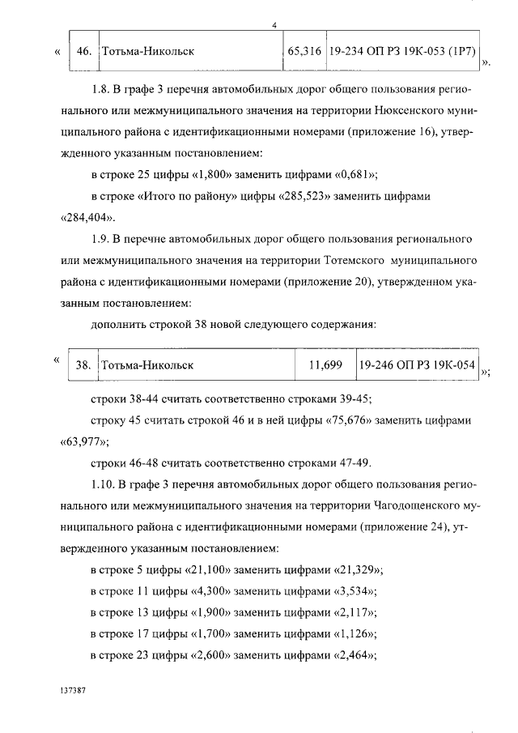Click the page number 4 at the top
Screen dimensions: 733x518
pyautogui.click(x=275, y=26)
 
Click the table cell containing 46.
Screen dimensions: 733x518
pyautogui.click(x=83, y=51)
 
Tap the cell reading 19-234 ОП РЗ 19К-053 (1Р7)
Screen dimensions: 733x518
pyautogui.click(x=402, y=51)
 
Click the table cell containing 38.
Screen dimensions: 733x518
pyautogui.click(x=83, y=364)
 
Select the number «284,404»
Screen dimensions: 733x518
pyautogui.click(x=88, y=218)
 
